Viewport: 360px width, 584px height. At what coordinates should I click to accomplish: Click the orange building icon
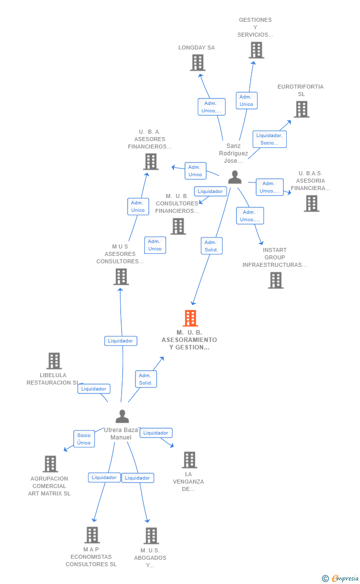click(190, 318)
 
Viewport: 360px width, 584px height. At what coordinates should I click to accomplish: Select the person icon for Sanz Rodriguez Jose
click(235, 177)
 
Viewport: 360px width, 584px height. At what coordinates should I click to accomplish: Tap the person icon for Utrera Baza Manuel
click(122, 416)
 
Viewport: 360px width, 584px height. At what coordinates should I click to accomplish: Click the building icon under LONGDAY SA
click(198, 63)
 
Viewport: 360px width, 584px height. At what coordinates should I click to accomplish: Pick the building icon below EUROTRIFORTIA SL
click(302, 109)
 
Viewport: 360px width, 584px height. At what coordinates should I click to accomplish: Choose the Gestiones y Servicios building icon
click(256, 50)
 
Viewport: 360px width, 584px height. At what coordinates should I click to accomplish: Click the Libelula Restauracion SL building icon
click(54, 361)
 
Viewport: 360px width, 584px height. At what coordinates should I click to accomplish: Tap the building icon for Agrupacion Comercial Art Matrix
click(50, 464)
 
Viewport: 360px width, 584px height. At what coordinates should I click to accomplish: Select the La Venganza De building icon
click(189, 460)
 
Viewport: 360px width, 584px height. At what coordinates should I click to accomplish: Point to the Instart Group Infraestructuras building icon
click(276, 280)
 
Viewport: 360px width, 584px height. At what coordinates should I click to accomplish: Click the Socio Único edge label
click(84, 439)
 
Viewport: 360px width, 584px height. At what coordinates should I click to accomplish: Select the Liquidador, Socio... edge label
click(270, 139)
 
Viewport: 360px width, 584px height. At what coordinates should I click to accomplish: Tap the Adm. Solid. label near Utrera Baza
click(146, 379)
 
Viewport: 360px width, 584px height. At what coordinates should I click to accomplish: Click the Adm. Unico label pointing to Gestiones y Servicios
click(246, 100)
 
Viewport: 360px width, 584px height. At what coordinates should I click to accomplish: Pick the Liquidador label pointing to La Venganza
click(156, 433)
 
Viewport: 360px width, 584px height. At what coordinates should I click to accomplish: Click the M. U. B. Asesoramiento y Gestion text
click(189, 340)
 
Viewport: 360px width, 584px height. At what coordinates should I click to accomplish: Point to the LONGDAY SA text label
click(197, 48)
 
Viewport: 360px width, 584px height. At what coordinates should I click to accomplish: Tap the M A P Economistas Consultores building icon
click(92, 535)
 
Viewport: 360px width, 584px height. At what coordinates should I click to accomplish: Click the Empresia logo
click(341, 578)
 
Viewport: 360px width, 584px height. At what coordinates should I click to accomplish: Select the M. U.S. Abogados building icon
click(151, 535)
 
